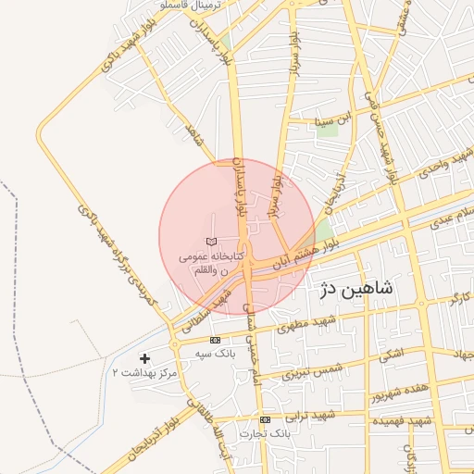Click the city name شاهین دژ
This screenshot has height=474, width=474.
356,289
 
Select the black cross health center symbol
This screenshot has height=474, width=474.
144,357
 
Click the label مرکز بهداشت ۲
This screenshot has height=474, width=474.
144,372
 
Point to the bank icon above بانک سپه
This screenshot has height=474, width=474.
216,341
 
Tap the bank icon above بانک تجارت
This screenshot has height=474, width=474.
266,419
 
